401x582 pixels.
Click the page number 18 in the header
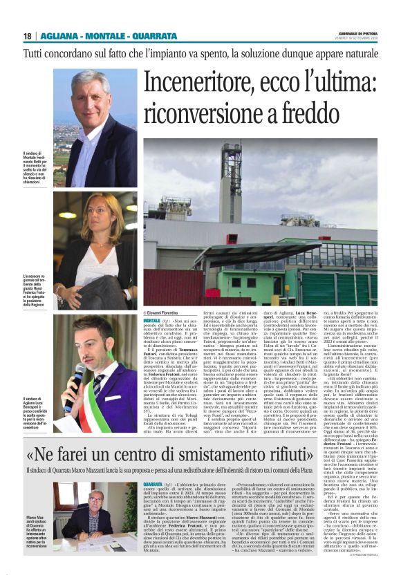pyautogui.click(x=27, y=36)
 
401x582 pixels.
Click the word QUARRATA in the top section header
pyautogui.click(x=134, y=36)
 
